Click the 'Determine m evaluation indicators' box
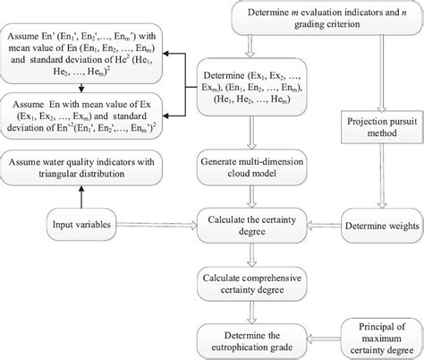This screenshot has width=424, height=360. click(326, 18)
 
